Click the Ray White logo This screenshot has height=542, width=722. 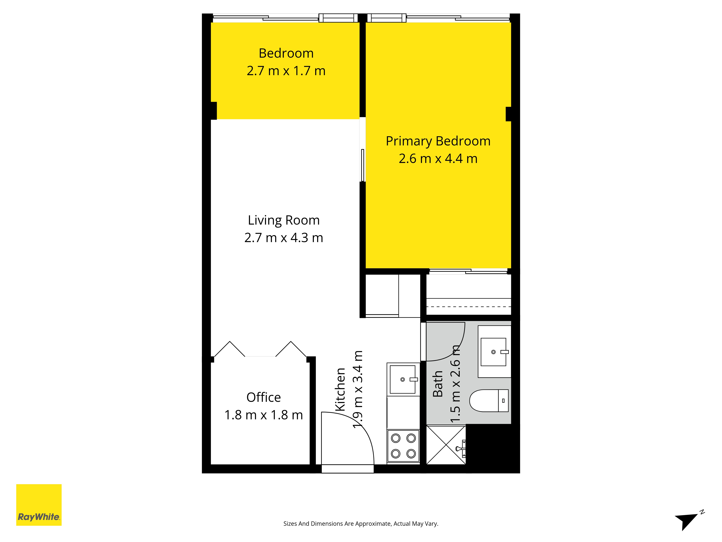point(39,505)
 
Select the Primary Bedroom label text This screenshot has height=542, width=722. point(438,141)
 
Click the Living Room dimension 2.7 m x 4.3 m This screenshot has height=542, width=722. point(284,238)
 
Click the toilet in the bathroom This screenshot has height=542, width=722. point(489,401)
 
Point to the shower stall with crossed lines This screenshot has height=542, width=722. point(446,445)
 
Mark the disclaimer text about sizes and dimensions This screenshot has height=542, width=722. point(361,524)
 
